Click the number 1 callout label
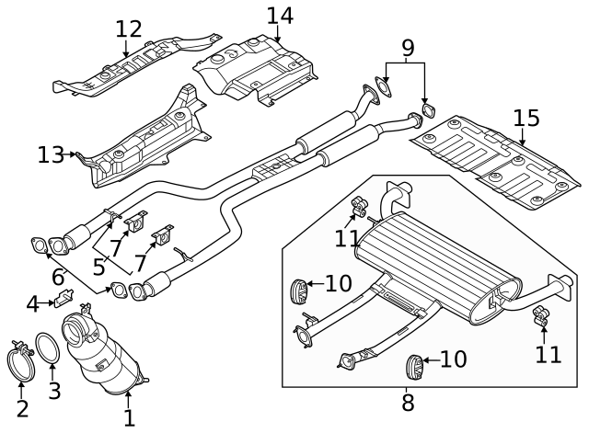129,417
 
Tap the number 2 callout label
22,409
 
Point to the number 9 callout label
408,47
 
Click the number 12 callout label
129,29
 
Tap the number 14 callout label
279,17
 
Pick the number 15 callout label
525,119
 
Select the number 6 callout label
58,276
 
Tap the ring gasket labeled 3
46,352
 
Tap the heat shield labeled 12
138,69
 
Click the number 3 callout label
54,390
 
